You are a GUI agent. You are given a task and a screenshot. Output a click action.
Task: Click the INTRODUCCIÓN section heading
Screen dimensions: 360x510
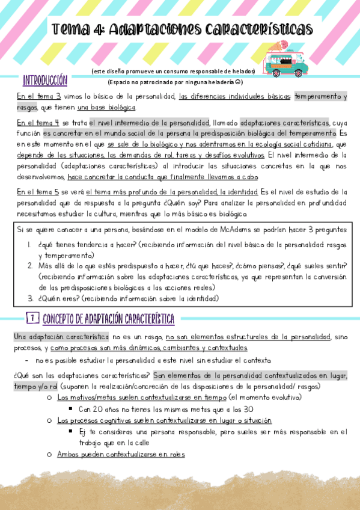pyautogui.click(x=44, y=81)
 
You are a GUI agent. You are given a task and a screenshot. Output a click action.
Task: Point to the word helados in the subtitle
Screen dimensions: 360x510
pyautogui.click(x=244, y=72)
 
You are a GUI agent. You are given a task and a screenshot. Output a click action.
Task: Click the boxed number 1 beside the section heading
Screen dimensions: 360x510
pyautogui.click(x=34, y=318)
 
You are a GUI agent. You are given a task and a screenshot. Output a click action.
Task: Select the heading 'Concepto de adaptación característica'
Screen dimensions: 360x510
pyautogui.click(x=109, y=318)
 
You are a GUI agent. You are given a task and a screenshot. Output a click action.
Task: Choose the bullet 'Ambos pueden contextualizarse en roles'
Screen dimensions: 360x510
pyautogui.click(x=121, y=455)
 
